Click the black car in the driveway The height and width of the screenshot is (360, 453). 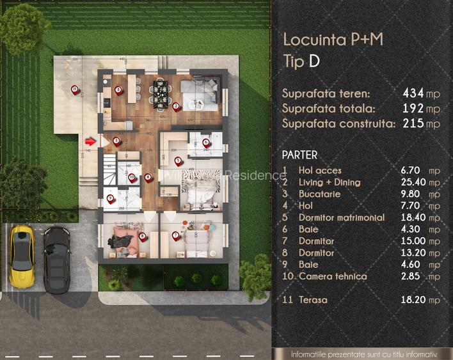[x=57, y=258]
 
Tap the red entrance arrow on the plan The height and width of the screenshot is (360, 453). [x=90, y=141]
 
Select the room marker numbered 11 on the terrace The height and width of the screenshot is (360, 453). [x=75, y=90]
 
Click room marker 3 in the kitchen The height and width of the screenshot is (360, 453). [x=118, y=91]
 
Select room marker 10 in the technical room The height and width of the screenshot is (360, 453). [x=132, y=178]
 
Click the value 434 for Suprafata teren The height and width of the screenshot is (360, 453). [x=414, y=93]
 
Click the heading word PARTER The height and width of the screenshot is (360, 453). [x=299, y=155]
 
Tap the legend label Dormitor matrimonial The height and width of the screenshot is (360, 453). [x=342, y=217]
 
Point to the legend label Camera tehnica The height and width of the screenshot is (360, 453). [x=333, y=276]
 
